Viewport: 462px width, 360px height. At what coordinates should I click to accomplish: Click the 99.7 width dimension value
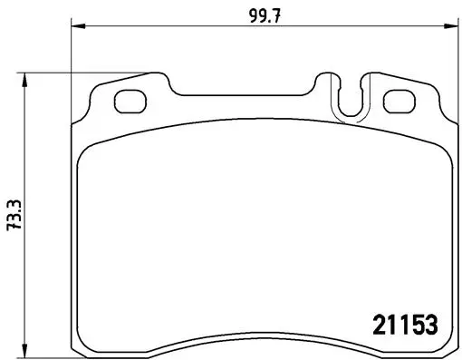[265, 15]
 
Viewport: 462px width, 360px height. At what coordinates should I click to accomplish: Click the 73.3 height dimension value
[14, 214]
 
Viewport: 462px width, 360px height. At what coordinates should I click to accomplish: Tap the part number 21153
[405, 325]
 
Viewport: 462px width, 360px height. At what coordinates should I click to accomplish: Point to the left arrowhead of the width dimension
[79, 26]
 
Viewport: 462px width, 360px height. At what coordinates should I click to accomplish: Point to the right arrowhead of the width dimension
[450, 26]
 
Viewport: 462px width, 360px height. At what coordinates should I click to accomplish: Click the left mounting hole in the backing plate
[130, 102]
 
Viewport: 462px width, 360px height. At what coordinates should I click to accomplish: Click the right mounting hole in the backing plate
[399, 102]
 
